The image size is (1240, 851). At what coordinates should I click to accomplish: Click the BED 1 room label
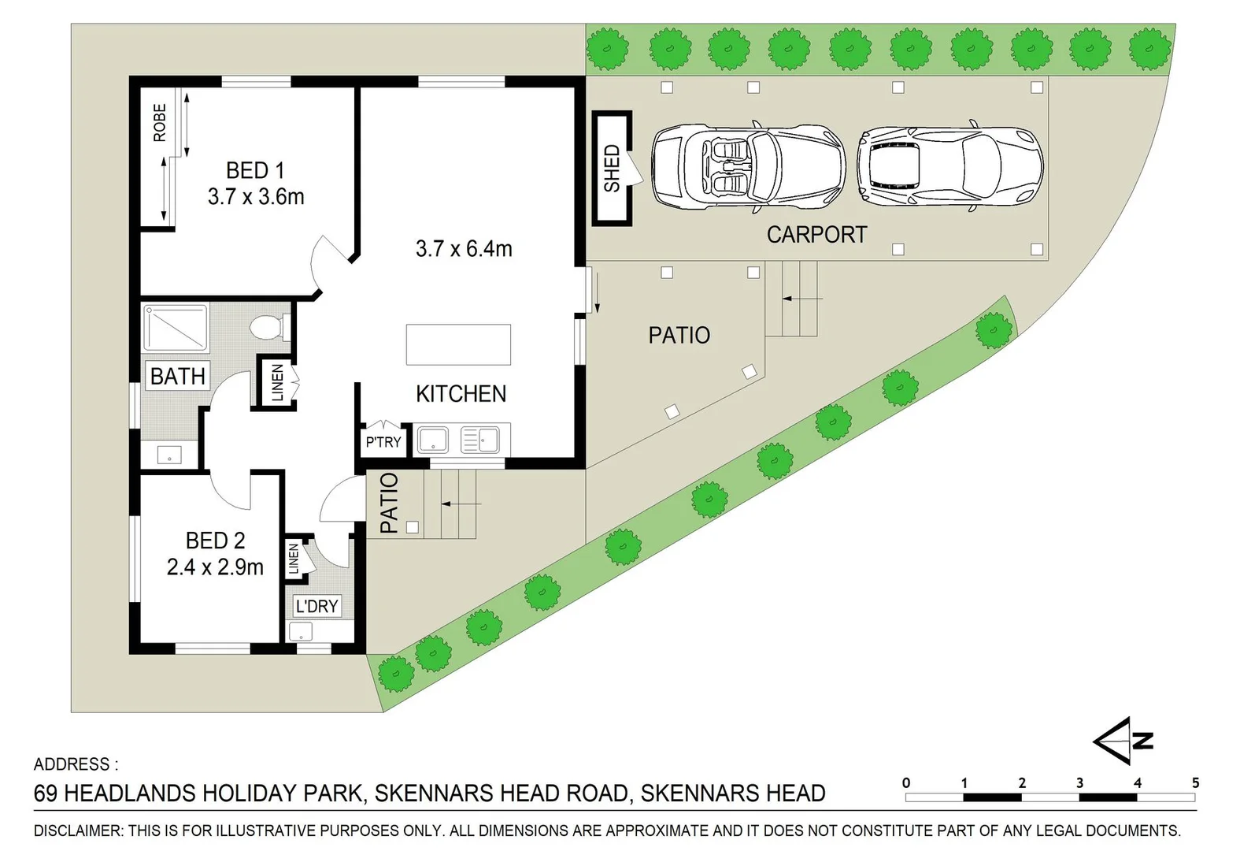[255, 171]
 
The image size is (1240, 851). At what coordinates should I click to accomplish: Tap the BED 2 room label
[216, 541]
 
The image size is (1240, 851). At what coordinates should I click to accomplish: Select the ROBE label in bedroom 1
[159, 122]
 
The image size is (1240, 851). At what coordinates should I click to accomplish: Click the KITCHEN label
[461, 394]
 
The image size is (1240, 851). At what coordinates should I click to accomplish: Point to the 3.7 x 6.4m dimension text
[464, 249]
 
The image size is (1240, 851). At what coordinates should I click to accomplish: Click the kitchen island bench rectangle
[458, 344]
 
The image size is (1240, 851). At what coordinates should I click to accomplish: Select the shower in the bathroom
[176, 328]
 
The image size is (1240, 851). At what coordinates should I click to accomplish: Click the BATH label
[178, 376]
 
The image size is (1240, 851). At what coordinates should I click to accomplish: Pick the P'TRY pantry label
[383, 442]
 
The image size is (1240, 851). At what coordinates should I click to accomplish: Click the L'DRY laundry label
[316, 606]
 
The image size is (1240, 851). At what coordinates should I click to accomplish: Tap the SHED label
[612, 169]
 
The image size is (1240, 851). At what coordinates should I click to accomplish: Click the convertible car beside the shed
[749, 166]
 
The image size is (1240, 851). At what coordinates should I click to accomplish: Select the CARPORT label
[816, 235]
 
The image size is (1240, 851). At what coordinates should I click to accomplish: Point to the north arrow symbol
[1123, 741]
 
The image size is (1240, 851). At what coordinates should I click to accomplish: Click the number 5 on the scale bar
[1196, 783]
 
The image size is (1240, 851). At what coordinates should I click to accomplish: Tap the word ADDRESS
[72, 764]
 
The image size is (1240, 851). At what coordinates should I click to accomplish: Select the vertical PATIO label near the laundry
[390, 503]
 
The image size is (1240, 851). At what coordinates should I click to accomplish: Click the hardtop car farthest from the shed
[950, 166]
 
